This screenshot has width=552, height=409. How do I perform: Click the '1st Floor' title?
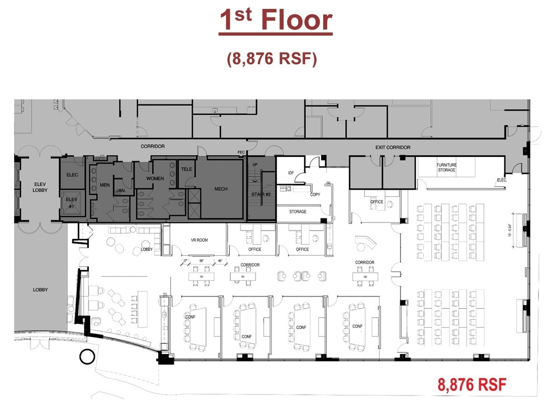point(275,21)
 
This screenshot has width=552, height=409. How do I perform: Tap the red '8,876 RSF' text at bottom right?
point(472,385)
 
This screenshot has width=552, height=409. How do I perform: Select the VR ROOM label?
point(199,240)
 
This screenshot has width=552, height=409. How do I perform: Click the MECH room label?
point(221,189)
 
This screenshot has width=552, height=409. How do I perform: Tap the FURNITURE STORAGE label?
point(446,167)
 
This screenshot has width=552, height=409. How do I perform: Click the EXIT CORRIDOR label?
point(393,148)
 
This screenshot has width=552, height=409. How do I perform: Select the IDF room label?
point(290,174)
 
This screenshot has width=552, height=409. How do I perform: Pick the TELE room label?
point(186,169)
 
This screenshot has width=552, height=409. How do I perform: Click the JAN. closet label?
point(121,191)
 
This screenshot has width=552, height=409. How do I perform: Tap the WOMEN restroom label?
point(155,178)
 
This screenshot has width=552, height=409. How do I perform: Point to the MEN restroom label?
point(104,185)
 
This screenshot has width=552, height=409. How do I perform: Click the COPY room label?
point(315,194)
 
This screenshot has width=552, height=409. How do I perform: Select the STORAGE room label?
point(298,212)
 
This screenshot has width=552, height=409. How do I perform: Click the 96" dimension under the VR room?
point(201,261)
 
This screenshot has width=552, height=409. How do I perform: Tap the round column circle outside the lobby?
point(87,357)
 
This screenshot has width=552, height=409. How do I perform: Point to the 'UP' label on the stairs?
point(255,165)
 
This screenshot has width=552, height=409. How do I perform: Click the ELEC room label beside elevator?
point(72,175)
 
